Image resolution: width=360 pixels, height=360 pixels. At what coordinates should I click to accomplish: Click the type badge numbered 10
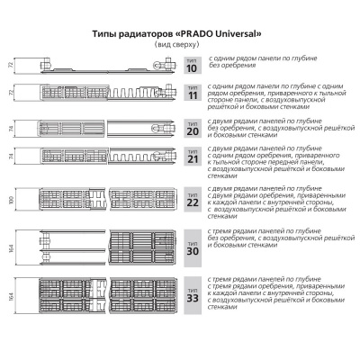tap(190, 65)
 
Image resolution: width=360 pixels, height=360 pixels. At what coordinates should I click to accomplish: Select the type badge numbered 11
tap(190, 93)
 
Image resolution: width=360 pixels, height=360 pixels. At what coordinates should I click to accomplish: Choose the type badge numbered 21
tap(190, 157)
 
